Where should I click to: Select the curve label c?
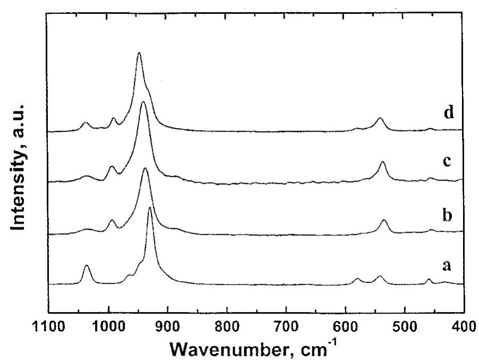(447, 161)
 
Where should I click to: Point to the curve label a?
(447, 267)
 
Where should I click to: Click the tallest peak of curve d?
(139, 53)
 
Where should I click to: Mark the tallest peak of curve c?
(143, 102)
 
